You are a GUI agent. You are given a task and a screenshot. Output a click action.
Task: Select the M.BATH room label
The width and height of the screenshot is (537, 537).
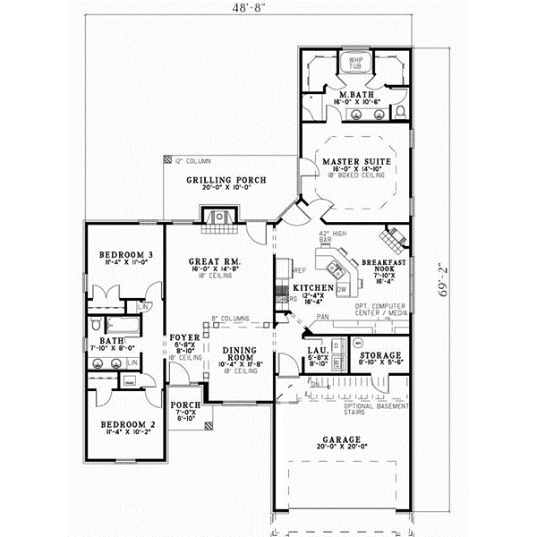point(355,93)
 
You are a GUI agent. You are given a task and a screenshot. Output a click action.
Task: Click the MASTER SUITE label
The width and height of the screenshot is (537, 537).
point(355,161)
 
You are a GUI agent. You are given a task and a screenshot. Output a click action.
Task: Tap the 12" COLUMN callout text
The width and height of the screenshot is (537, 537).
point(192,161)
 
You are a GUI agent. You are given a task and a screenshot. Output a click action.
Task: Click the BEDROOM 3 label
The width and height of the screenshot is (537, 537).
point(124,255)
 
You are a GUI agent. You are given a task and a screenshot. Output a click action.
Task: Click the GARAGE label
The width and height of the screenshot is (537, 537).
point(342,440)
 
